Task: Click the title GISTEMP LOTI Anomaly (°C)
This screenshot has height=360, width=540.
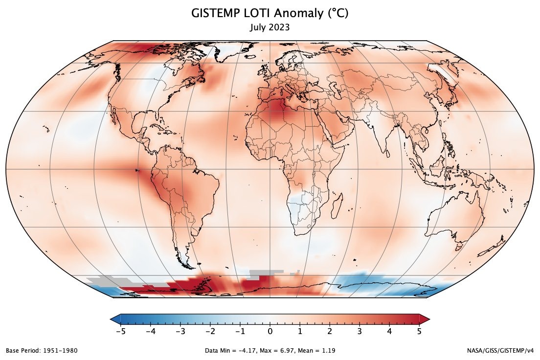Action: point(270,14)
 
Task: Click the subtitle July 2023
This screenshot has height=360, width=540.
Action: point(270,27)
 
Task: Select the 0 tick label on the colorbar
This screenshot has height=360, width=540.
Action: point(270,331)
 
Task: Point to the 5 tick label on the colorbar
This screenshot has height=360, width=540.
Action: point(419,331)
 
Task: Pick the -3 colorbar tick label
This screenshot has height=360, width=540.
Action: point(180,331)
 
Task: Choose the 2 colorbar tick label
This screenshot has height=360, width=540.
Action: point(330,331)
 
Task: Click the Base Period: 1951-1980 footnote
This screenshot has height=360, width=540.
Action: point(42,351)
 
